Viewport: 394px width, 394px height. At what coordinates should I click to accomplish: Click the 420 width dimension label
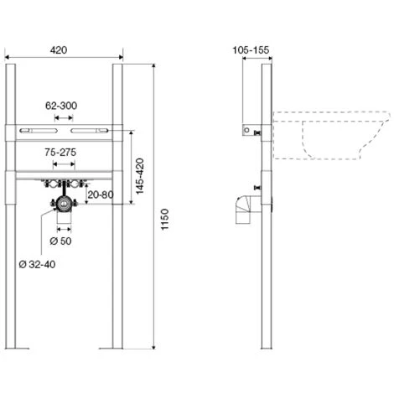pyautogui.click(x=59, y=50)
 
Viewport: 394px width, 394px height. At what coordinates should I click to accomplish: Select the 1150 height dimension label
pyautogui.click(x=165, y=220)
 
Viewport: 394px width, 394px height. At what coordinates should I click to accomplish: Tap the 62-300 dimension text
pyautogui.click(x=61, y=106)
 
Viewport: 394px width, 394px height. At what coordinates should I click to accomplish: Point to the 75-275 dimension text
pyautogui.click(x=60, y=153)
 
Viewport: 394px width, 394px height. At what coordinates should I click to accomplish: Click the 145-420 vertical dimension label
pyautogui.click(x=139, y=176)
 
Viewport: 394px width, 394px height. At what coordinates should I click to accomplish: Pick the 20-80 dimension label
pyautogui.click(x=101, y=194)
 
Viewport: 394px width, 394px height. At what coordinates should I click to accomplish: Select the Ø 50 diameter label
pyautogui.click(x=60, y=241)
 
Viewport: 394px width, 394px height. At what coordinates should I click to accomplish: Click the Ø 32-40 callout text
pyautogui.click(x=37, y=264)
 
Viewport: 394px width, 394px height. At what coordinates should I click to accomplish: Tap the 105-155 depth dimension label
pyautogui.click(x=251, y=50)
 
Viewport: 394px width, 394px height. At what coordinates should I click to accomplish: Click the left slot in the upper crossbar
pyautogui.click(x=39, y=131)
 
